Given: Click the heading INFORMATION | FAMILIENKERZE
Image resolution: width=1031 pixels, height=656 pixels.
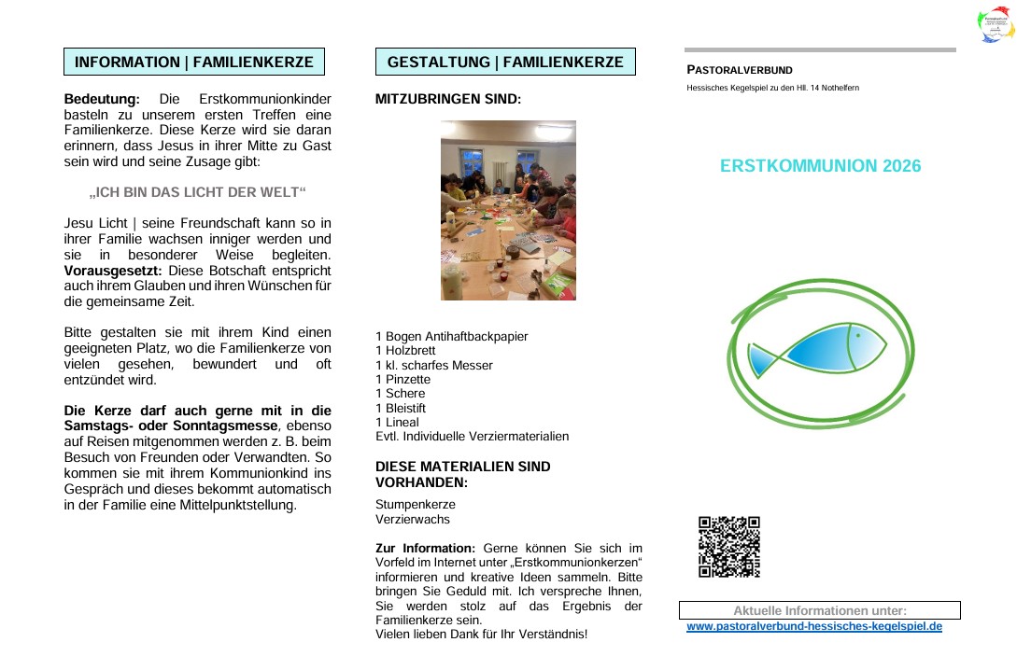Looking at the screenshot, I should [194, 63].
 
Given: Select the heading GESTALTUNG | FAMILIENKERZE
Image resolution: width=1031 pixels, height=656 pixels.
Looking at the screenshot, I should [505, 63].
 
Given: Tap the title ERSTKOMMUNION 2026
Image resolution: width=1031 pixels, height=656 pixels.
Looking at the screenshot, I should [820, 166].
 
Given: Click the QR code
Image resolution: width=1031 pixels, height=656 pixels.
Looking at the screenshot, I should [729, 547].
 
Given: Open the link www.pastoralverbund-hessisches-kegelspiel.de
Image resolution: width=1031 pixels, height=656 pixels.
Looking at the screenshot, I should [814, 626].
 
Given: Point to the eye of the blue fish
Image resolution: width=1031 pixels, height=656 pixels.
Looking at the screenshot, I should [856, 334].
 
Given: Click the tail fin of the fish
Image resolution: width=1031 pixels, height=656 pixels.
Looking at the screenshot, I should [761, 359].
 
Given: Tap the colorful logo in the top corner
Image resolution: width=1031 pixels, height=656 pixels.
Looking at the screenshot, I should [996, 26].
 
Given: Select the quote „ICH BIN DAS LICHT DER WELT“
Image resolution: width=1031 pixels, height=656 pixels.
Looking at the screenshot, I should [198, 193].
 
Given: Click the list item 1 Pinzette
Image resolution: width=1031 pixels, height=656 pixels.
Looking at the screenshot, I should [403, 380].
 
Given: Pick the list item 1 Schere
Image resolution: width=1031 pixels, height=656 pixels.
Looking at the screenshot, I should [399, 394].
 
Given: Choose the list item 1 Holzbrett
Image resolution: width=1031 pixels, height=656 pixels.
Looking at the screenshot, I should [405, 351].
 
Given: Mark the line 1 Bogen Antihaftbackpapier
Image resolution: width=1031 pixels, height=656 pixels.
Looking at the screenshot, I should [451, 336].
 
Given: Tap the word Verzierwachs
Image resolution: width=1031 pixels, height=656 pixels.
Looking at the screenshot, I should [413, 519].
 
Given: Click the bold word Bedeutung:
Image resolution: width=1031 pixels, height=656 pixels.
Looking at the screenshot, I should [102, 99].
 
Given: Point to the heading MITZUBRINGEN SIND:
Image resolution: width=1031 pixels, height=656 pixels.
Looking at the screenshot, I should [448, 99].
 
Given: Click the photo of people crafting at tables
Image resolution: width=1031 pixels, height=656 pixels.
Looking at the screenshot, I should [508, 210].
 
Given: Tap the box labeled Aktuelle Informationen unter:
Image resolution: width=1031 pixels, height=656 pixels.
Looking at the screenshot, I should [819, 611].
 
